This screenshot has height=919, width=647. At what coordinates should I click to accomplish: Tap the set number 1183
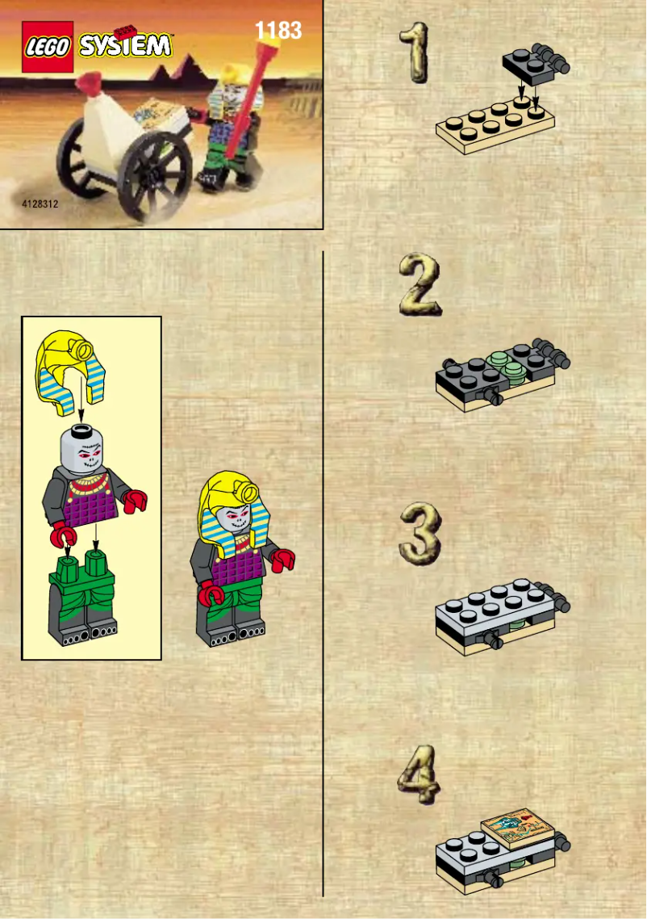point(278,31)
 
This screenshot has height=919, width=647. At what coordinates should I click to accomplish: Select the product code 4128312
point(40,205)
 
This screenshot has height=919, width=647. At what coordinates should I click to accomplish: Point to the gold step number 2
point(420,284)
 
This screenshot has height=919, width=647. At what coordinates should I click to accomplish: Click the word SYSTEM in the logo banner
point(126,45)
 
